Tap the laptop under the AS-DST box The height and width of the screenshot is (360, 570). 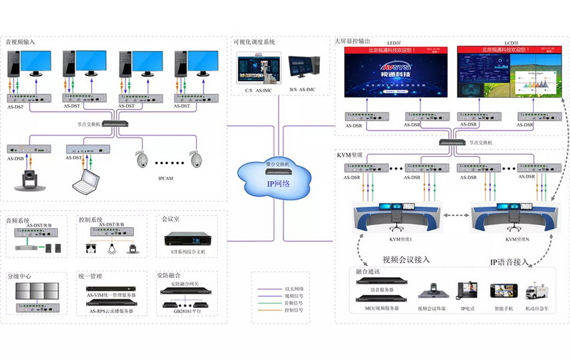point(85,181)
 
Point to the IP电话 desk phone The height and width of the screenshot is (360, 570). point(466,292)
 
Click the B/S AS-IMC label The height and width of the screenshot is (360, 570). point(302,89)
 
